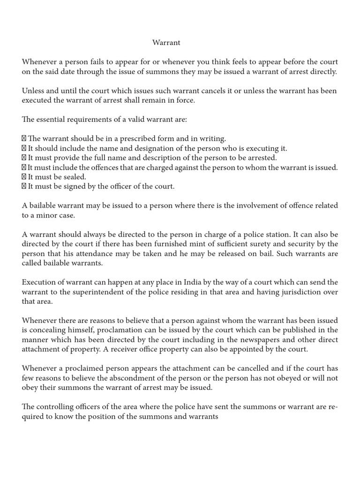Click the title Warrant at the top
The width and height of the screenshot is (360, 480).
point(166,43)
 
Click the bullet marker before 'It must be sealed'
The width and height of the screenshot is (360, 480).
point(24,177)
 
